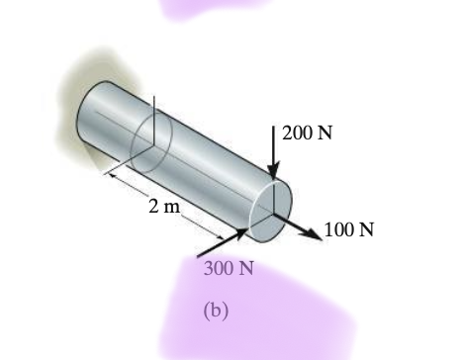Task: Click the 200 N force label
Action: pyautogui.click(x=308, y=134)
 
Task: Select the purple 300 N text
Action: pyautogui.click(x=229, y=267)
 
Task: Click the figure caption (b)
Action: pyautogui.click(x=216, y=311)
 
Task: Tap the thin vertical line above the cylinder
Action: pyautogui.click(x=155, y=107)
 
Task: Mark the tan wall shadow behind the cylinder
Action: pyautogui.click(x=72, y=89)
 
